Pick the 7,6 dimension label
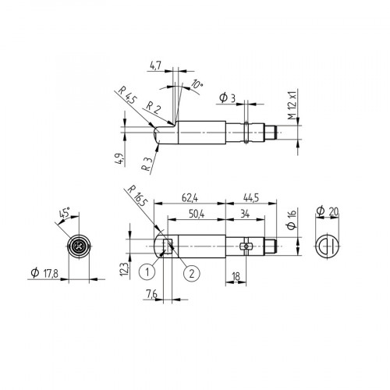coord(151,293)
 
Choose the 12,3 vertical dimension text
coord(124,269)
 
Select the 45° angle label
coord(65,212)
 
